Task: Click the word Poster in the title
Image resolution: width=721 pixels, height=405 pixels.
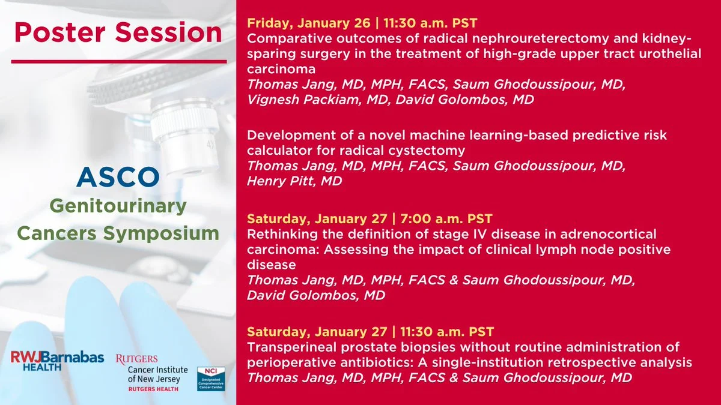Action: [x=60, y=32]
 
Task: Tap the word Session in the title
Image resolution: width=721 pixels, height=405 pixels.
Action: [x=169, y=32]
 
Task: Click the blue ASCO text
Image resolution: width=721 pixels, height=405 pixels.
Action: [x=118, y=177]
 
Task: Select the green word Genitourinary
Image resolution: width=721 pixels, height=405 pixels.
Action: [x=118, y=206]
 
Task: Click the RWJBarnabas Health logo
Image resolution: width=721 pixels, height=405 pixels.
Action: [x=57, y=361]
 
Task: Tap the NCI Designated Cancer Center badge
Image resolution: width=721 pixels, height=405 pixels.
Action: [x=211, y=379]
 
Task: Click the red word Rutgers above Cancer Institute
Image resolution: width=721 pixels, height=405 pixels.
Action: [x=137, y=359]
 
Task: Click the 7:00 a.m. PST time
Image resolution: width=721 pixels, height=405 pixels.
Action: [x=446, y=218]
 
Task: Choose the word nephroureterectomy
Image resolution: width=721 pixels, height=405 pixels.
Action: [x=514, y=39]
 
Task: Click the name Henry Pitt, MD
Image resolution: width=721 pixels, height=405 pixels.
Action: [x=294, y=181]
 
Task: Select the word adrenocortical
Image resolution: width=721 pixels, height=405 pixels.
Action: [x=608, y=234]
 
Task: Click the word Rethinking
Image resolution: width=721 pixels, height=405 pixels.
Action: [x=282, y=235]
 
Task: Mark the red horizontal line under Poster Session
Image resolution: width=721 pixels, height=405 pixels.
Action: [x=119, y=61]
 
